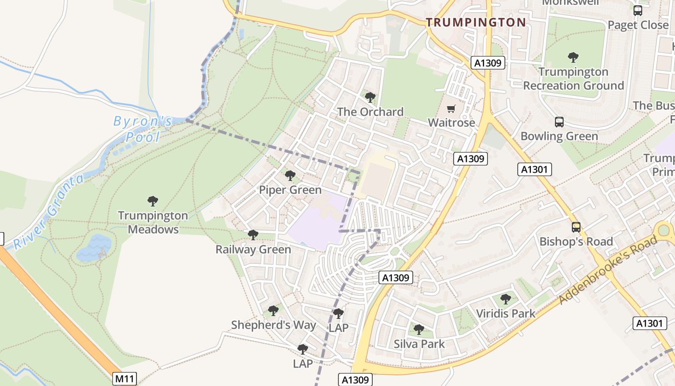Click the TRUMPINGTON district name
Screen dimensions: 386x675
pos(476,22)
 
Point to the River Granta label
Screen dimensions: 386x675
pos(48,213)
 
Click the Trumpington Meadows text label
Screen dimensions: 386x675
pos(153,222)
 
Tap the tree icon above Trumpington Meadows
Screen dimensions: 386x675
pos(153,201)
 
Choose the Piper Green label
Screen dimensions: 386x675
pos(290,190)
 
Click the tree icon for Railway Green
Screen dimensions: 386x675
pos(253,235)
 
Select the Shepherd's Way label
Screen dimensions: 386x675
pos(273,325)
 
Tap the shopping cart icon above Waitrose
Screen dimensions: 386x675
pos(451,109)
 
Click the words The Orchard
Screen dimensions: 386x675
pos(370,112)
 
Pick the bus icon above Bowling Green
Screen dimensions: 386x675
pos(559,122)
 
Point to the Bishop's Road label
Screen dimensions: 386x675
pos(576,241)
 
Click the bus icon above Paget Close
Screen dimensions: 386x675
pos(638,11)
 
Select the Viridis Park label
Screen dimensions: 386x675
pos(506,314)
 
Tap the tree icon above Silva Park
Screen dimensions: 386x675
pos(419,330)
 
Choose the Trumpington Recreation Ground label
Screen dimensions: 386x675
pos(573,79)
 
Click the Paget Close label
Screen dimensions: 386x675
pos(638,25)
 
